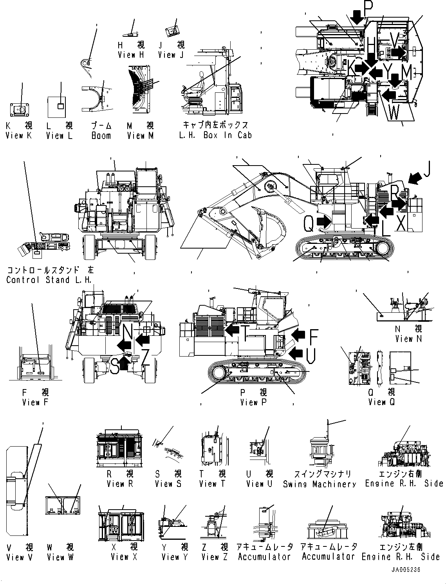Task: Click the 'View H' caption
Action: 131,55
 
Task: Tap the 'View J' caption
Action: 171,55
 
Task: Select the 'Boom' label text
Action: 101,136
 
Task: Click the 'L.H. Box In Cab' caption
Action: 215,135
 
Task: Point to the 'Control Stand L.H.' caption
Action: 49,280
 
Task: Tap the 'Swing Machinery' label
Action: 320,484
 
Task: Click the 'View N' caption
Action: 408,339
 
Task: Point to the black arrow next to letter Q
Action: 323,222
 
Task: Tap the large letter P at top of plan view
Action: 368,7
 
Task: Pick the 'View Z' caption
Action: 214,557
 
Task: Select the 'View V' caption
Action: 20,557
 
